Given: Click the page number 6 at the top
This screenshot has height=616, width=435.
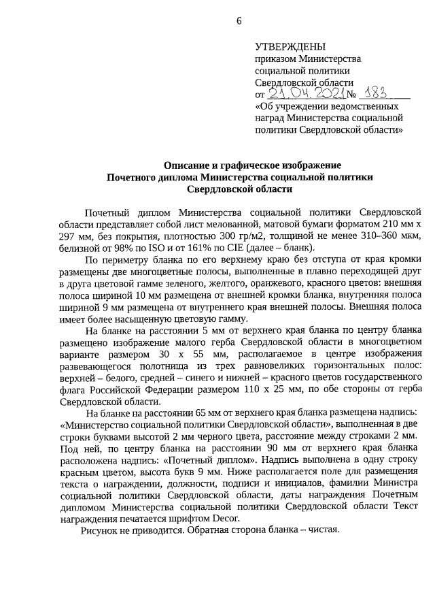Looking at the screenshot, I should (239, 20).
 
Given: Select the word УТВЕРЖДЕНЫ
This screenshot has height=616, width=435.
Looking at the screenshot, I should (290, 47).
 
